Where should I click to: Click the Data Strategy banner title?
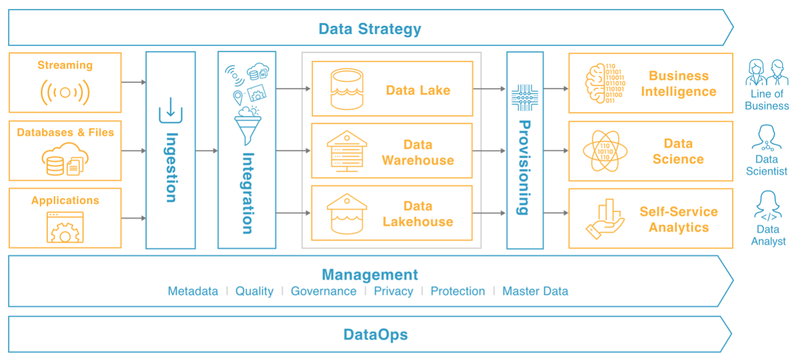click(370, 29)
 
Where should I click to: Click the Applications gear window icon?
click(65, 227)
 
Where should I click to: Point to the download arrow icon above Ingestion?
click(171, 110)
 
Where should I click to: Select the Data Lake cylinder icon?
click(347, 89)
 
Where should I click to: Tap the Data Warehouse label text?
click(418, 153)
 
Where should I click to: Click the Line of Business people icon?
click(767, 73)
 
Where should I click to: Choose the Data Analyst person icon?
click(767, 206)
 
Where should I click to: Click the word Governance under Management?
click(323, 292)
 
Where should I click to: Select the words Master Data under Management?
click(535, 292)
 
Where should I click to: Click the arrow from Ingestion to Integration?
click(206, 151)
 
